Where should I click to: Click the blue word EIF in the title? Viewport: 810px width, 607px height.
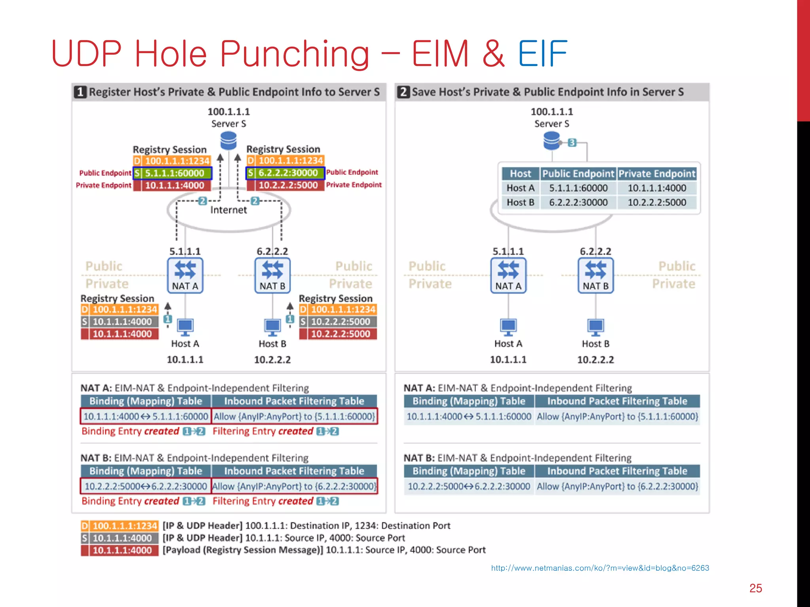[542, 54]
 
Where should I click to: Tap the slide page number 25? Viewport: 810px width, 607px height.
[755, 588]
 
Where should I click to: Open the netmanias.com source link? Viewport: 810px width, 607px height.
[600, 568]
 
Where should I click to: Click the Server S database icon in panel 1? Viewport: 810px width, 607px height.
[229, 141]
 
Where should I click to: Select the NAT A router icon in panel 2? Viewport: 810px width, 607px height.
[508, 275]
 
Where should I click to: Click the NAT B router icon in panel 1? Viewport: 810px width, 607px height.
[273, 275]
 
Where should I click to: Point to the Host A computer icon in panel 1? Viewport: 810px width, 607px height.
[185, 327]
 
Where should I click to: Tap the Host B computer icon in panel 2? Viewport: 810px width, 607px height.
[596, 327]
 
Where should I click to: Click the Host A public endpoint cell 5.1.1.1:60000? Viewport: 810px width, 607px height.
[578, 188]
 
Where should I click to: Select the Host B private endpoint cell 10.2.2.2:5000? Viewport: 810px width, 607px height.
[657, 202]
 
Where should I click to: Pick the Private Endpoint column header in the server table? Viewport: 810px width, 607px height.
[657, 173]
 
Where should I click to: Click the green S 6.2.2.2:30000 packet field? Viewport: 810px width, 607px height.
[285, 173]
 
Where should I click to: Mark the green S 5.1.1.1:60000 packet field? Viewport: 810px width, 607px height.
[172, 173]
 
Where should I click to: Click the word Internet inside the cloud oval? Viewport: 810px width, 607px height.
[229, 210]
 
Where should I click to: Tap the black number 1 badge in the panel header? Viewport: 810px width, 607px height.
[80, 92]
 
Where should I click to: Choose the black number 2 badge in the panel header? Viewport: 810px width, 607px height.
[403, 92]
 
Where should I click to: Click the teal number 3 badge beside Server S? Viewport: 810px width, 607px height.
[572, 143]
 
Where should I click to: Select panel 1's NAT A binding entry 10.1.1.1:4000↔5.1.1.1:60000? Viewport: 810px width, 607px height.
[146, 417]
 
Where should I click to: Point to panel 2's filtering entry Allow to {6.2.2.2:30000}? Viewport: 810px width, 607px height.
[617, 486]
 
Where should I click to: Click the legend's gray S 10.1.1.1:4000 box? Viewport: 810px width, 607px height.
[120, 538]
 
